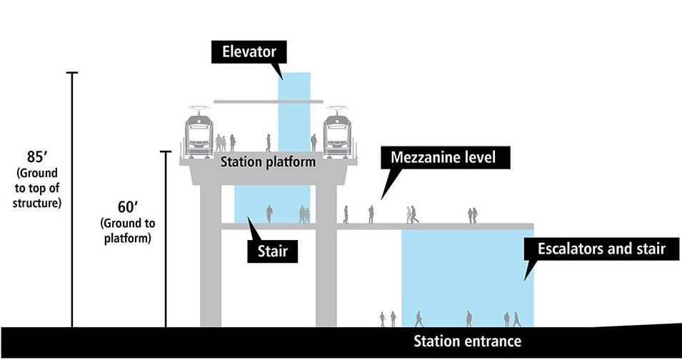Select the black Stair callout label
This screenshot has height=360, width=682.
[276, 251]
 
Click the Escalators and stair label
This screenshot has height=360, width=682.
[595, 249]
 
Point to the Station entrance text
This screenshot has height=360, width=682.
[467, 341]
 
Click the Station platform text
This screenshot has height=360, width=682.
[268, 162]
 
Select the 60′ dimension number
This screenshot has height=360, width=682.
[126, 206]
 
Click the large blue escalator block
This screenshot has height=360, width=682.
[467, 275]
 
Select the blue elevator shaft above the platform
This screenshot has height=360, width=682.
[294, 89]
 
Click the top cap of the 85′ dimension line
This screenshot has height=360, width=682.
[71, 73]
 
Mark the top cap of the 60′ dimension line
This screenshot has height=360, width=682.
[166, 151]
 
